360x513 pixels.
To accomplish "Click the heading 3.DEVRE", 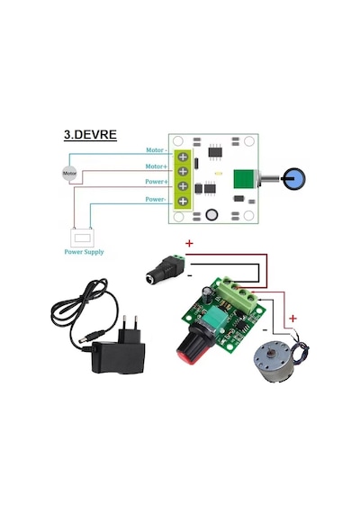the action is point(90,135).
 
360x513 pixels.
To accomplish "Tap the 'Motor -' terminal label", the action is point(157,150).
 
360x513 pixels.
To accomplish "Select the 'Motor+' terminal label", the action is point(156,166).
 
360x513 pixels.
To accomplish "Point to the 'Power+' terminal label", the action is point(157,182).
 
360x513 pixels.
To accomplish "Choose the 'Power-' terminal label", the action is point(156,199).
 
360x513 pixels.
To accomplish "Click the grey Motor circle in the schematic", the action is point(69,174).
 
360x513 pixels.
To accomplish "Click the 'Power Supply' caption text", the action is point(84,252).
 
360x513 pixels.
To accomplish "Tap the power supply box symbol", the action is point(83,238).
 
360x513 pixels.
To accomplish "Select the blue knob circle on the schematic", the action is point(294,179).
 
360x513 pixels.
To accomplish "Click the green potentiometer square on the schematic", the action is point(244,179).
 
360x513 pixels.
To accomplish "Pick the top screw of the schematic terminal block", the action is point(183,157).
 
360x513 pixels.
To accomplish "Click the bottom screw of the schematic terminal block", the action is point(183,201).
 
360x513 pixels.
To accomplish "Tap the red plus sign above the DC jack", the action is point(189,243).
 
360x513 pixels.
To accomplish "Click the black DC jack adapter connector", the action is point(166,269).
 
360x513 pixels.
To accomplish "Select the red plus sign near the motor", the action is point(292,319).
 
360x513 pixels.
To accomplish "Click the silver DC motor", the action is point(274,361).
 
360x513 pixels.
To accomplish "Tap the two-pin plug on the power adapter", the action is point(130,328).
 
